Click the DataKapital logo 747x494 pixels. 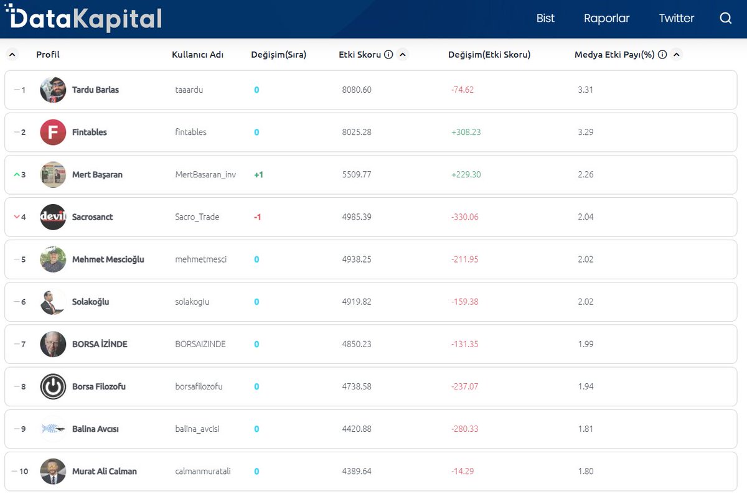(83, 19)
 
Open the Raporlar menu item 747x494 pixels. (606, 18)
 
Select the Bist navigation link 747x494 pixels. (545, 18)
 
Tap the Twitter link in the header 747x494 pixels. (676, 18)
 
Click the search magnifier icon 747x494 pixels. (726, 18)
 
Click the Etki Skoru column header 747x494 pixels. (360, 55)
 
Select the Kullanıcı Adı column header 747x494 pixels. (197, 55)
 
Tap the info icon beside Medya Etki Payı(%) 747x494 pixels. (662, 55)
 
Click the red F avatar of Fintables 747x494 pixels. (53, 133)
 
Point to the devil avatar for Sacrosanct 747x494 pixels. (53, 217)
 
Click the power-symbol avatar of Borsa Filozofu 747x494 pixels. (53, 386)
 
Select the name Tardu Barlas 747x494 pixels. (95, 90)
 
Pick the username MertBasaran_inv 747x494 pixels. (205, 175)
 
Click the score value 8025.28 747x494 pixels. (357, 133)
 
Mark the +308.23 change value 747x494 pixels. (466, 133)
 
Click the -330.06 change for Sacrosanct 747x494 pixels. (464, 217)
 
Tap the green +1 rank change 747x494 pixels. (258, 175)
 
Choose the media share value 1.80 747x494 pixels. (585, 472)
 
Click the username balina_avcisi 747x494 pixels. (197, 429)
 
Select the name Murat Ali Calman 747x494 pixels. (104, 472)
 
